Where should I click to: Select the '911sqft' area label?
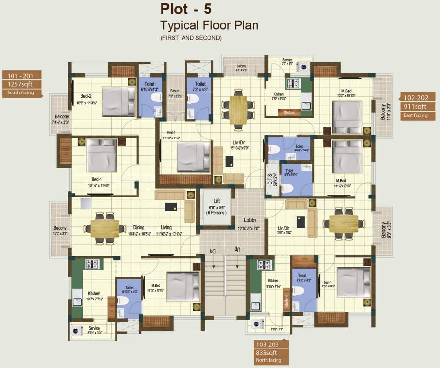pyautogui.click(x=415, y=107)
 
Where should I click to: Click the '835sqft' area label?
pyautogui.click(x=271, y=352)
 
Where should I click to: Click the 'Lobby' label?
pyautogui.click(x=250, y=221)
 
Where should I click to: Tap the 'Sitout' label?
pyautogui.click(x=174, y=91)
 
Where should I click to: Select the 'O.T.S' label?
pyautogui.click(x=270, y=180)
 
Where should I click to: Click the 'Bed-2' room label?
pyautogui.click(x=80, y=95)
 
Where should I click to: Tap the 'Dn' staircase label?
pyautogui.click(x=213, y=250)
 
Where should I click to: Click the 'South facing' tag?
pyautogui.click(x=20, y=92)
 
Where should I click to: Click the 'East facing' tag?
pyautogui.click(x=414, y=115)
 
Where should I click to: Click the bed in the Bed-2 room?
pyautogui.click(x=118, y=102)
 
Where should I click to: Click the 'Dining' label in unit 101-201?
pyautogui.click(x=139, y=228)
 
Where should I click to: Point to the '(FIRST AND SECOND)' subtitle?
pyautogui.click(x=191, y=38)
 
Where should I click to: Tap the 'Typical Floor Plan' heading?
pyautogui.click(x=209, y=25)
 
